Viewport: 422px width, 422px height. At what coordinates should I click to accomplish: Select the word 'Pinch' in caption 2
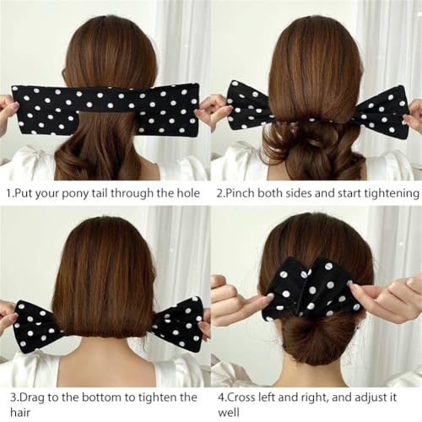coord(245,193)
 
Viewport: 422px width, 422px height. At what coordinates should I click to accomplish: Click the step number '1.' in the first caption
coord(7,193)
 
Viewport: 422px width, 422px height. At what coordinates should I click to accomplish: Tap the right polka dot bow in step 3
coord(177,323)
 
